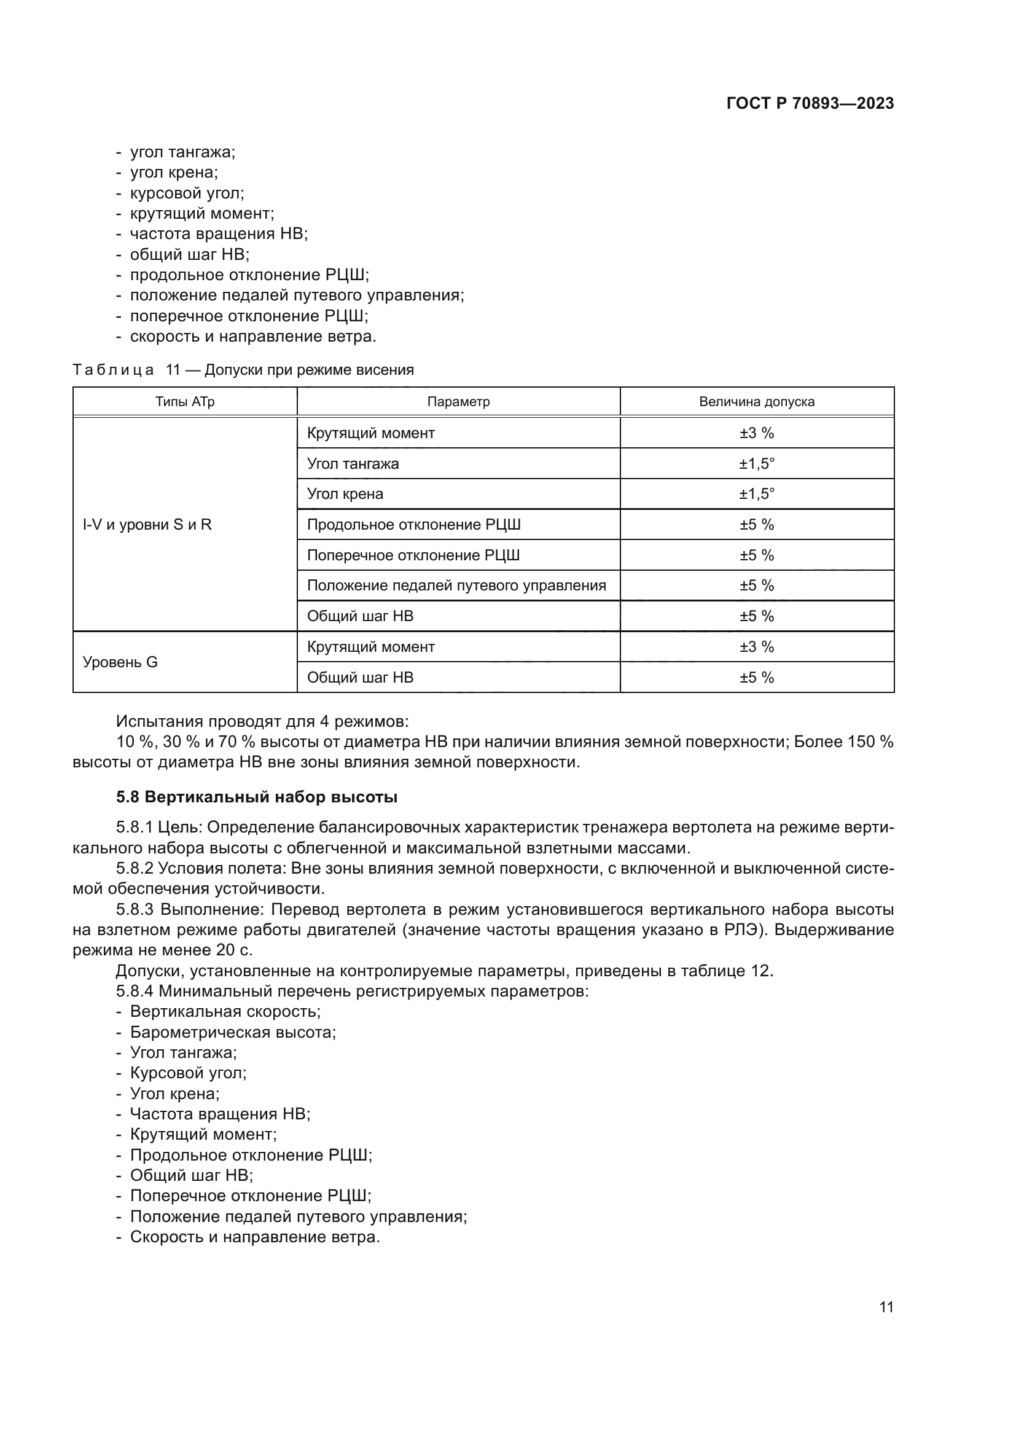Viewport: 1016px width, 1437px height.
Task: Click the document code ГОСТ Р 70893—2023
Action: point(810,103)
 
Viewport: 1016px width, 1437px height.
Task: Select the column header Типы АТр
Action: point(184,402)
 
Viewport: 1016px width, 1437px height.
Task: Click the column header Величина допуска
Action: point(756,402)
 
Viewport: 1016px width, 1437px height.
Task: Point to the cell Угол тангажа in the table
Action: point(353,464)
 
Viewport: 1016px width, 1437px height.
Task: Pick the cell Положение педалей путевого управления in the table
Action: point(456,585)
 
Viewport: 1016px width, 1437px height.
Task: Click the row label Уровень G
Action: point(120,662)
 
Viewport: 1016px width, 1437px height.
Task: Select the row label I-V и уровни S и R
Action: point(147,525)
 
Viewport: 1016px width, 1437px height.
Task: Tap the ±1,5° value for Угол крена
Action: point(756,494)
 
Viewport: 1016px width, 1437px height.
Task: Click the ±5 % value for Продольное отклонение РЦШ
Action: point(756,525)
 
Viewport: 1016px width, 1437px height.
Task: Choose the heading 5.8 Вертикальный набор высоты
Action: point(257,797)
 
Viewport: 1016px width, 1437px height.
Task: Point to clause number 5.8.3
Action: point(135,909)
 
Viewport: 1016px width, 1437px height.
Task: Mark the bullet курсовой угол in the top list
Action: point(187,193)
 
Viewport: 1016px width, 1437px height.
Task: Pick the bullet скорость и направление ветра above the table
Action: point(252,336)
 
